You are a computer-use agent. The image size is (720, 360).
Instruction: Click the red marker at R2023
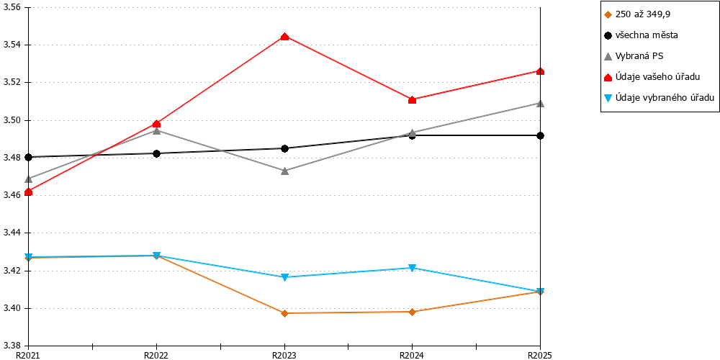[x=284, y=37]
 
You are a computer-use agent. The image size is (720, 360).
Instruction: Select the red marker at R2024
[x=413, y=99]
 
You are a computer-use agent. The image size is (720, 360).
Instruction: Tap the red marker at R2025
[x=541, y=71]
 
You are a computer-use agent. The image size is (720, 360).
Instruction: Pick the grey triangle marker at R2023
[x=284, y=171]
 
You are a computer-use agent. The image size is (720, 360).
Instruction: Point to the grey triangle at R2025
[x=541, y=103]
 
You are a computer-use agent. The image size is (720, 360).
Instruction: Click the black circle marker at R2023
[x=284, y=148]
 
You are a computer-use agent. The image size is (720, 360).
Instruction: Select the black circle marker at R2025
[x=541, y=135]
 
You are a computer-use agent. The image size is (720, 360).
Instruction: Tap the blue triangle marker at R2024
[x=413, y=268]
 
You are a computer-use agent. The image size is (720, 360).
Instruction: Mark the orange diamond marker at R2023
[x=284, y=313]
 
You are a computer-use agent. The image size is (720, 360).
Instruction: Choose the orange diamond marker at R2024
[x=413, y=312]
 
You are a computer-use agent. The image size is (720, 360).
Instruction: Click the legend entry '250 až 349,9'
[x=637, y=14]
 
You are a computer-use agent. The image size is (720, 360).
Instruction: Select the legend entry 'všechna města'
[x=641, y=35]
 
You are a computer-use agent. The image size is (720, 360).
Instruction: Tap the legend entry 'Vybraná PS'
[x=634, y=56]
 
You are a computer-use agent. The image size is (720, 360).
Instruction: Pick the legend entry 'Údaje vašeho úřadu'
[x=652, y=77]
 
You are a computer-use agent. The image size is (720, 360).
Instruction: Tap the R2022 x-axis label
[x=156, y=355]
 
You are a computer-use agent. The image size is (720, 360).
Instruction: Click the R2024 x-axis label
[x=413, y=355]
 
